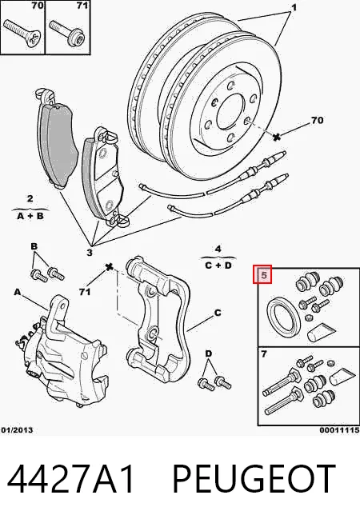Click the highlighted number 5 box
[262, 275]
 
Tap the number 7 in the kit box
[264, 354]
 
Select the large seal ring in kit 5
[284, 316]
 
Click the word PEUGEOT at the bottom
[254, 478]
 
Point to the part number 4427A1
[70, 478]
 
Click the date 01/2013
[17, 430]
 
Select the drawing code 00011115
[339, 430]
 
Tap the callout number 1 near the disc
[294, 7]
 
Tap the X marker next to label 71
[109, 267]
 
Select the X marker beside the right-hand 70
[277, 136]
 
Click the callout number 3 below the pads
[90, 253]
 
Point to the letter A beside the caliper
[18, 292]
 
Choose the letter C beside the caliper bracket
[218, 313]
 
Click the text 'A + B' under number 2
[30, 216]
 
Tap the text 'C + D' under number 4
[218, 265]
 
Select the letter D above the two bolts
[209, 353]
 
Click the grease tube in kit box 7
[342, 376]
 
